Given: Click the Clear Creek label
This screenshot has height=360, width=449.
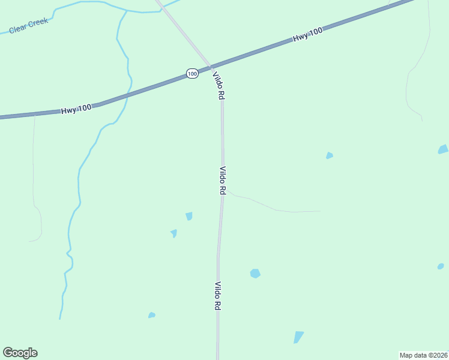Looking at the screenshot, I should click(x=28, y=25).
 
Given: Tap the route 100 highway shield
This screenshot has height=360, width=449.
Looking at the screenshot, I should click(x=191, y=73).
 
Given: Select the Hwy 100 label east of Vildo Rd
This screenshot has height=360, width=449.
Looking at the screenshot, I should click(x=307, y=37).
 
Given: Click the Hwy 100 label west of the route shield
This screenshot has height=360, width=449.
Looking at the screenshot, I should click(x=76, y=109).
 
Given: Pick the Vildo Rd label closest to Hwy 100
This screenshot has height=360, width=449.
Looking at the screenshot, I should click(x=218, y=85).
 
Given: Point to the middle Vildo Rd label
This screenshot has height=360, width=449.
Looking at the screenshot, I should click(x=222, y=180).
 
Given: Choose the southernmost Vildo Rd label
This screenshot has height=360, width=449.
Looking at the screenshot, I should click(x=218, y=296).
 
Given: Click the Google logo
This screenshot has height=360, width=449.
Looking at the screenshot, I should click(x=20, y=353).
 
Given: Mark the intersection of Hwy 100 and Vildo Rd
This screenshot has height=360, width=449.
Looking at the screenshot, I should click(x=211, y=66).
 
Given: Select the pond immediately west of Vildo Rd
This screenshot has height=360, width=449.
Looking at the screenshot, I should click(x=189, y=216).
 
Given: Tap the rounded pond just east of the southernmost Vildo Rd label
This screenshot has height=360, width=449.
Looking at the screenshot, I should click(x=255, y=274).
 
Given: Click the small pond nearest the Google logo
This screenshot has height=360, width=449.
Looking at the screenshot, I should click(x=152, y=315).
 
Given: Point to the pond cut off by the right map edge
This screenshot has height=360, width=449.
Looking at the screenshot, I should click(x=443, y=149).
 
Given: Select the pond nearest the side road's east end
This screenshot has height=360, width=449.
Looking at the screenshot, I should click(x=329, y=156).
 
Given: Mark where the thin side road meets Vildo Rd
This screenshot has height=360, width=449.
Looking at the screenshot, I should click(x=224, y=191).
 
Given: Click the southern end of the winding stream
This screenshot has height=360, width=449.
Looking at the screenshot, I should click(x=60, y=317).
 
